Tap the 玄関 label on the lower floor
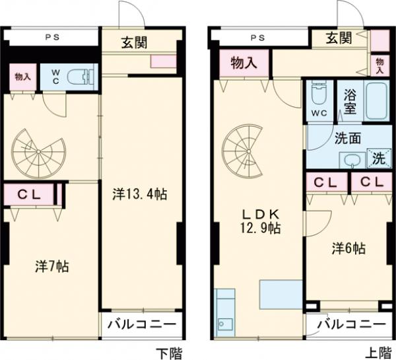pos(134,43)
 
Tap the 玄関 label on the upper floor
pos(339,38)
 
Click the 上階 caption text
pos(374,351)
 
